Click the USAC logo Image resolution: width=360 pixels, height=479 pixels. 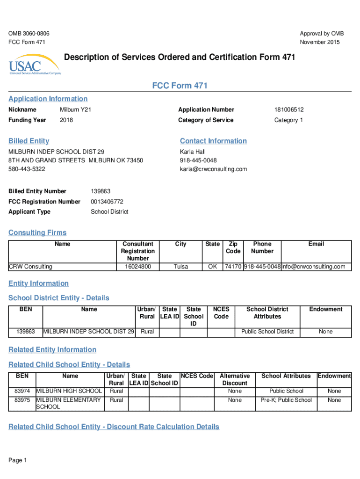pos(35,67)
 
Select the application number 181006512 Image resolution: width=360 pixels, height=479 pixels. pos(289,109)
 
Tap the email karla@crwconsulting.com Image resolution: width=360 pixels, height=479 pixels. pos(213,169)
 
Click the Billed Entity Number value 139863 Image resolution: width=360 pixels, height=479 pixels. pos(101,191)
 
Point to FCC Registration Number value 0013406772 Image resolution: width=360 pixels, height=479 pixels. pos(107,202)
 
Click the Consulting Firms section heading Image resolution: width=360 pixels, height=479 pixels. pos(37,232)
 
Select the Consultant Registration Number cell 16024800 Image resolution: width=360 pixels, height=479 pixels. pos(138,267)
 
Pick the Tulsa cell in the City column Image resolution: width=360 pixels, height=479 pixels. pos(180,267)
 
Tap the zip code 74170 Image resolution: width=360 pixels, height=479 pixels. pos(233,267)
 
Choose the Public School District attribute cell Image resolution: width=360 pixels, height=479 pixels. pos(267,332)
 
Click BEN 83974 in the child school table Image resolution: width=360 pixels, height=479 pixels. pos(22,391)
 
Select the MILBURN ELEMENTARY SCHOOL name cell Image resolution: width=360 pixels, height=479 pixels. pos(68,403)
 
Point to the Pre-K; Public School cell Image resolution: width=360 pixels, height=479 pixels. pos(286,400)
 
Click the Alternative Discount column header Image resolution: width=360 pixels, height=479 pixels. pos(235,379)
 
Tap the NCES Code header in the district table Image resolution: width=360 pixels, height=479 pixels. pos(221,313)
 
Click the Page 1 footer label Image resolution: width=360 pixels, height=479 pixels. pos(18,460)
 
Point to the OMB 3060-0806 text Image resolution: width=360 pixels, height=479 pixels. pos(29,34)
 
